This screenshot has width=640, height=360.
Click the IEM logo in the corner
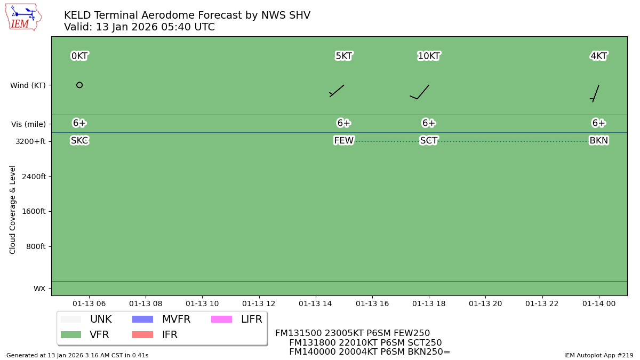point(23,17)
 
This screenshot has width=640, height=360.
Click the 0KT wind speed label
point(79,56)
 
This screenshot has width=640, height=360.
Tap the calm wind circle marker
point(79,85)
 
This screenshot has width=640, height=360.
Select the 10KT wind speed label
point(429,56)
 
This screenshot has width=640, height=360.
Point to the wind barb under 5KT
point(337,91)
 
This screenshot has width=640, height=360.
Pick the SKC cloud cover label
point(79,141)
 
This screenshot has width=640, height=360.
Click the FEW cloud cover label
point(343,141)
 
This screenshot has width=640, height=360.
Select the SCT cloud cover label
point(429,141)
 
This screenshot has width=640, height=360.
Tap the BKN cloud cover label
point(598,141)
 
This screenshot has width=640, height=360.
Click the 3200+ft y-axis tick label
point(30,141)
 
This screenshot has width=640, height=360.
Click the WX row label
point(39,289)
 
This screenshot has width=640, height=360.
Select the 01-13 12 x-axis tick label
point(259,303)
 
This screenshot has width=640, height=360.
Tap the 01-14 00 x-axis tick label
point(598,303)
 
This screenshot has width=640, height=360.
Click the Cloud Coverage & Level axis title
point(13,209)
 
